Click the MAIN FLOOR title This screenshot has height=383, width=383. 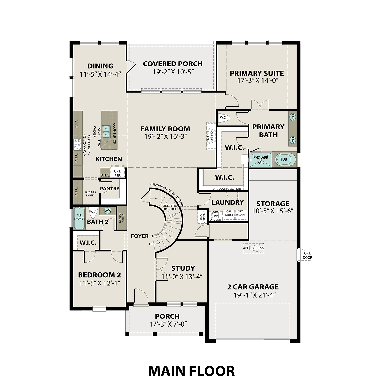(191, 371)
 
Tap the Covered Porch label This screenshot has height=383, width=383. (173, 64)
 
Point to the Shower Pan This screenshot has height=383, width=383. (260, 160)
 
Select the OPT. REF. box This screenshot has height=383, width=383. (117, 173)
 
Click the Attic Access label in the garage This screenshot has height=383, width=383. (253, 248)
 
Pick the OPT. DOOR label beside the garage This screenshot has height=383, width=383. (307, 255)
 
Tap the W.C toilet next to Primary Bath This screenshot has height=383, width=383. (224, 118)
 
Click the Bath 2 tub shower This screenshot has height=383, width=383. (79, 218)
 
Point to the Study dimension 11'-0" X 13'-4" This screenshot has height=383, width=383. (182, 277)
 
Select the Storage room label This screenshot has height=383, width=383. (273, 204)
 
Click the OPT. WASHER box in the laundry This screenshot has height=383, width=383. (241, 213)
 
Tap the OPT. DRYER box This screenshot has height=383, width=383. (229, 213)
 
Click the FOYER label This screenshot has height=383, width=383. (140, 236)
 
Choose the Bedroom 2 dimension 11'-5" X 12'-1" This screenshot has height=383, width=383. (100, 283)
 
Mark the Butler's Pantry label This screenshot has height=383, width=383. (90, 194)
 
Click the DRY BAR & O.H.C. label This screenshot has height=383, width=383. (122, 218)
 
